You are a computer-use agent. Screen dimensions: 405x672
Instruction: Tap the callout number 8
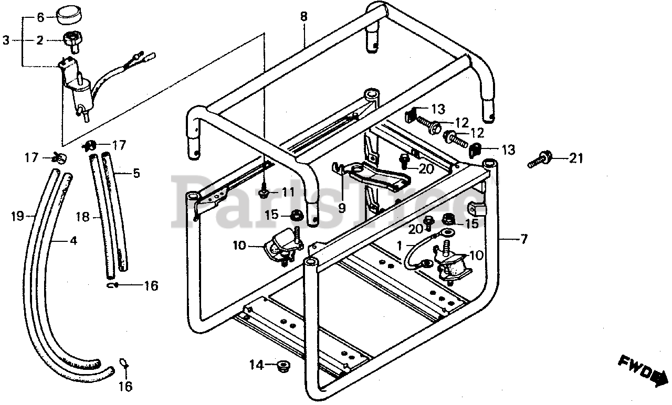[304, 16]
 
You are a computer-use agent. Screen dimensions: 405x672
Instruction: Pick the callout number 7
[523, 240]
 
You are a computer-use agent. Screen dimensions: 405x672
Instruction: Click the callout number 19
[17, 215]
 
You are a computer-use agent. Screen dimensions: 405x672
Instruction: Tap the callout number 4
[73, 241]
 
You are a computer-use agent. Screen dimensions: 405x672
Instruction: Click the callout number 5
[136, 172]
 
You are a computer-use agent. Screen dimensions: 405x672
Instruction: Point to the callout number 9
[342, 208]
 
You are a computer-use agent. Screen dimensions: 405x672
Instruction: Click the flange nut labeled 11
[264, 193]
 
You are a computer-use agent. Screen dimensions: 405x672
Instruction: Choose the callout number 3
[6, 39]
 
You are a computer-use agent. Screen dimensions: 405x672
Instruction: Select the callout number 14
[256, 364]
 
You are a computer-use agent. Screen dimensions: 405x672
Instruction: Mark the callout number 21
[576, 158]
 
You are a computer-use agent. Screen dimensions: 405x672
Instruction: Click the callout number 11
[287, 192]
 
